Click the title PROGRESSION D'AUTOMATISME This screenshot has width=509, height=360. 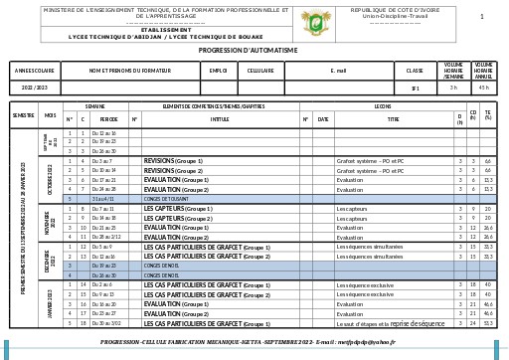(254, 49)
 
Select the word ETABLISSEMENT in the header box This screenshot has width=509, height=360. (152, 30)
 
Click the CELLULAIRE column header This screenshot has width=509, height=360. (260, 71)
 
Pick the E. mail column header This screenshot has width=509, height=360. (338, 71)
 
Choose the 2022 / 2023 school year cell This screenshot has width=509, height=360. (35, 88)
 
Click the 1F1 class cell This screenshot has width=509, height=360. (415, 88)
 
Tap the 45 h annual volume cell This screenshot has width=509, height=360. (484, 88)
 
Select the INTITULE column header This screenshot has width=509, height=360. (220, 118)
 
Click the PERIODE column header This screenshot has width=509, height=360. (108, 118)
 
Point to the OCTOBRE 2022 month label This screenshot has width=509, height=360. (50, 179)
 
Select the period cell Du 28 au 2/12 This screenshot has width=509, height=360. (106, 238)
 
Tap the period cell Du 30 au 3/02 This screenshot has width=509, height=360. (106, 323)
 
